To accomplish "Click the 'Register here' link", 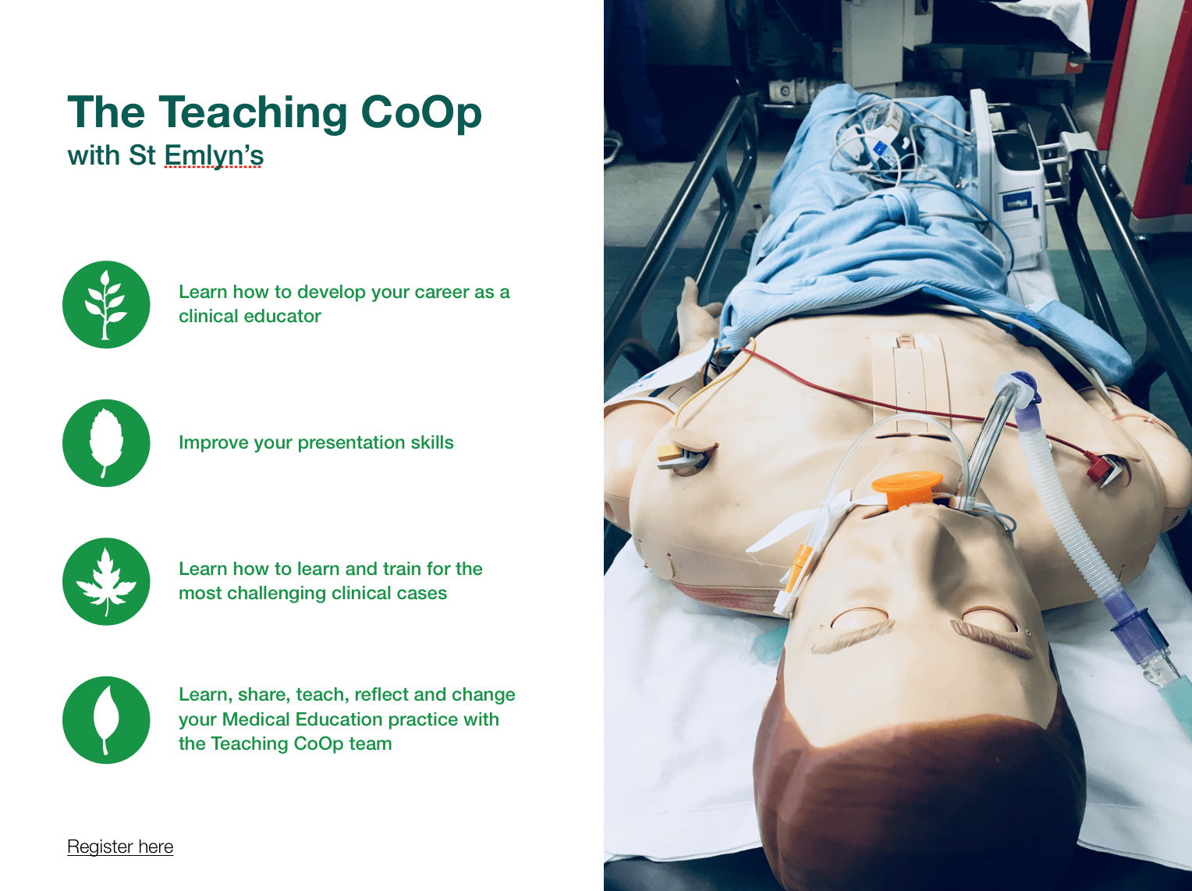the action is pyautogui.click(x=120, y=847).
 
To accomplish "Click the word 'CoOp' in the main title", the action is pyautogui.click(x=421, y=113).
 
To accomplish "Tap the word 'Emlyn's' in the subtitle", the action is pyautogui.click(x=214, y=156).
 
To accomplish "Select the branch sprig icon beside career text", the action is pyautogui.click(x=106, y=304).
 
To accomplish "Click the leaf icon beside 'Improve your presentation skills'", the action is pyautogui.click(x=106, y=443).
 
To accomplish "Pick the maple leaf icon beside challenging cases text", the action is pyautogui.click(x=106, y=581).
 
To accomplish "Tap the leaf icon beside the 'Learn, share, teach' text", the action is pyautogui.click(x=106, y=720).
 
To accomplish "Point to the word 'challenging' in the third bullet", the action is pyautogui.click(x=276, y=594).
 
